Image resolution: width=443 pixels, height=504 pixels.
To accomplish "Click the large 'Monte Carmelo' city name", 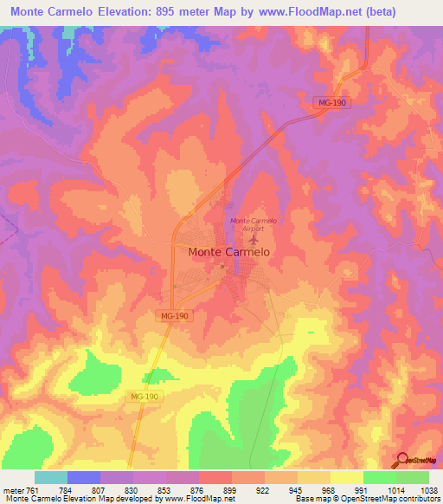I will click(x=228, y=252).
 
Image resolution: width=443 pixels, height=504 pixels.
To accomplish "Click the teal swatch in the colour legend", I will click(x=51, y=477).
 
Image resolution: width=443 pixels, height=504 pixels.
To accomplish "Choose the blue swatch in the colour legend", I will click(x=84, y=477).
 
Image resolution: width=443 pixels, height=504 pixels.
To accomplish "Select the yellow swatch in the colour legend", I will click(x=346, y=477).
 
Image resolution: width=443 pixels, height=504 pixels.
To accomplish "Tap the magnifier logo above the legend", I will click(x=403, y=460).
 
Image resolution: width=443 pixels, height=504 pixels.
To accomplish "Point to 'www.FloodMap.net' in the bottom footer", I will click(x=195, y=499).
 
